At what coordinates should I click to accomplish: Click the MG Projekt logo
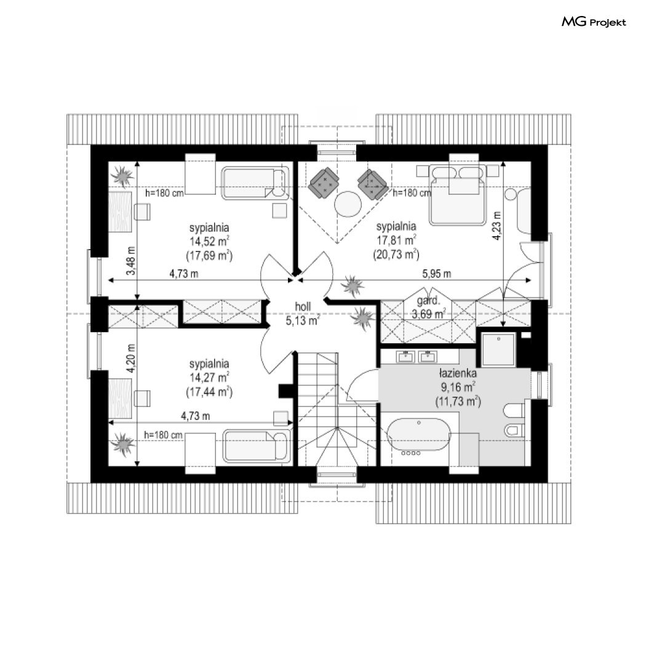594,22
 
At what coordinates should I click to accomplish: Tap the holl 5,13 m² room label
303,314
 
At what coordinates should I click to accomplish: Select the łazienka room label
458,373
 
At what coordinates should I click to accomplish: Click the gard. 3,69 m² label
428,307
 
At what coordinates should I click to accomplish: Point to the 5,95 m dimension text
437,274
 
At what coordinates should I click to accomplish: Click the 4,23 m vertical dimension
497,226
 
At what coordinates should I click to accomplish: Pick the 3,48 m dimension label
131,261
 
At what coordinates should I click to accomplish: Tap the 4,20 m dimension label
131,358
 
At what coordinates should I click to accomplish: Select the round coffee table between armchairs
348,204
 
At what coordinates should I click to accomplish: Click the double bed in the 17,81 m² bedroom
457,195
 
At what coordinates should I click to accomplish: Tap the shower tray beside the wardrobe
498,350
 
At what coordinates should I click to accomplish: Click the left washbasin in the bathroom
405,357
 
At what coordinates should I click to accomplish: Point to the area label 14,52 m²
209,241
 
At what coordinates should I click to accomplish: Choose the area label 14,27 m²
209,378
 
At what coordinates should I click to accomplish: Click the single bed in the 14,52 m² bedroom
255,183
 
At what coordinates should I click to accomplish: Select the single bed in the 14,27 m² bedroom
257,446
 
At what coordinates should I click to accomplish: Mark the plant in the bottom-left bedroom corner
123,444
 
